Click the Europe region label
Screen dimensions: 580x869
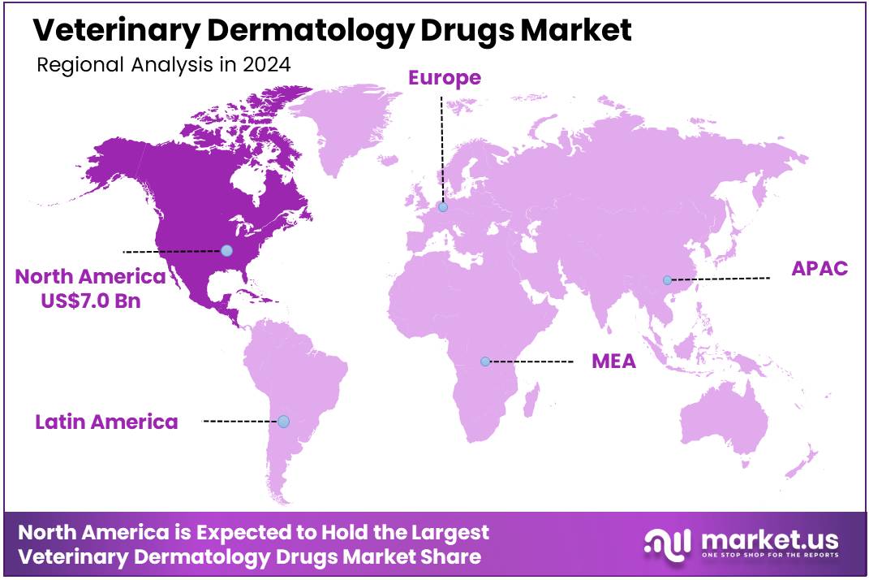[x=444, y=78]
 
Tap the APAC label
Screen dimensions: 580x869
[x=820, y=269]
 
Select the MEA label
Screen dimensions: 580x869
[x=613, y=361]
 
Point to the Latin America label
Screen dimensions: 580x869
[x=106, y=422]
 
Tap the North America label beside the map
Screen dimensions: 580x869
[x=90, y=277]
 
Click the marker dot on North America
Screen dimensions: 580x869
[x=227, y=250]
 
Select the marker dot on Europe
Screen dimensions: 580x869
[x=443, y=207]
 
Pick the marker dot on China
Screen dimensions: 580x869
[x=667, y=280]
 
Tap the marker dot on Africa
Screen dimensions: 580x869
[x=485, y=361]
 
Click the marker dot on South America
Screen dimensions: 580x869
[x=283, y=421]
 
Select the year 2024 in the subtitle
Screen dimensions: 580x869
[x=266, y=66]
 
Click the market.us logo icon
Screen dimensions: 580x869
[x=667, y=543]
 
